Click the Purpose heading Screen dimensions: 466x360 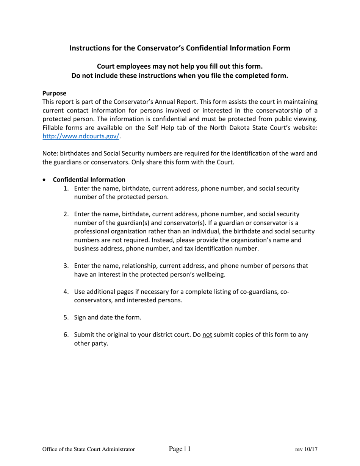pos(54,93)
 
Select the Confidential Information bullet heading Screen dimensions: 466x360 pos(89,180)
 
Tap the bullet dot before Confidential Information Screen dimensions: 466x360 pos(45,180)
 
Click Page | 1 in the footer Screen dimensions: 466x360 pos(180,449)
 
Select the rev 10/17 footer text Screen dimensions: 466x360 pos(306,450)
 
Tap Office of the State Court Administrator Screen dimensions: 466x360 pos(89,450)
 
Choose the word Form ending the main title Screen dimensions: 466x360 pos(282,48)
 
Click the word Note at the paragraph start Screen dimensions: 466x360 pos(49,153)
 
